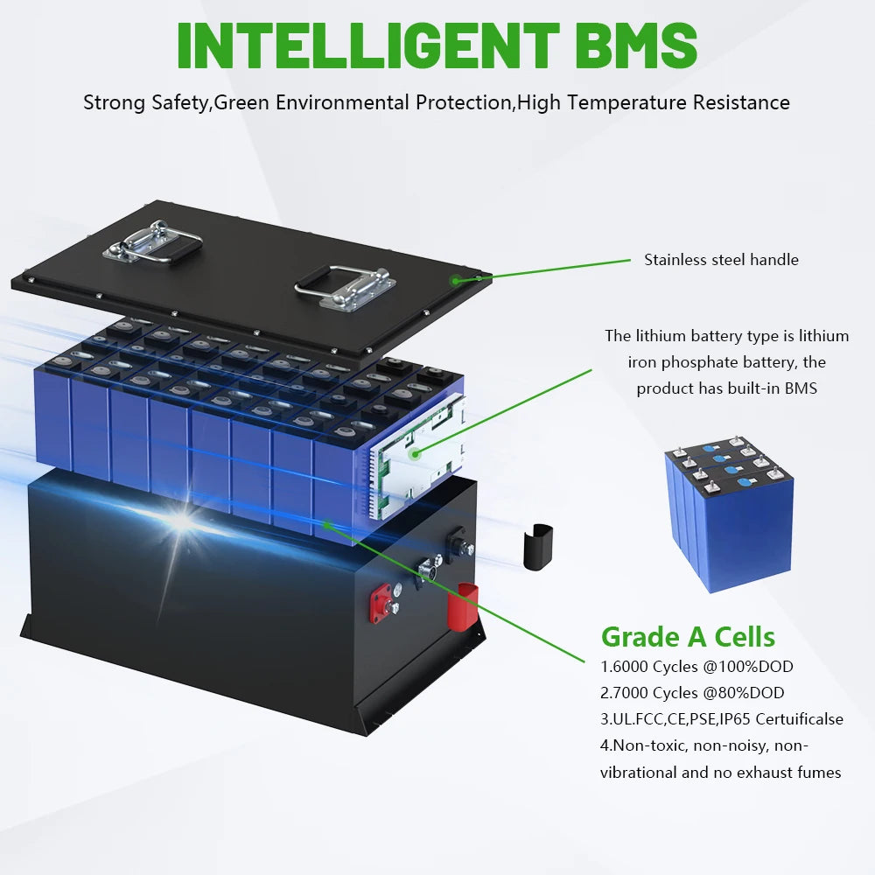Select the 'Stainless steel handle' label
click(x=721, y=260)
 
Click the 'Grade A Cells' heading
click(x=688, y=636)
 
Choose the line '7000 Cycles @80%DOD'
click(x=699, y=693)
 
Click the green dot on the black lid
click(x=455, y=280)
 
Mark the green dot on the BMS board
click(x=416, y=453)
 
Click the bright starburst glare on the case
click(x=181, y=521)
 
